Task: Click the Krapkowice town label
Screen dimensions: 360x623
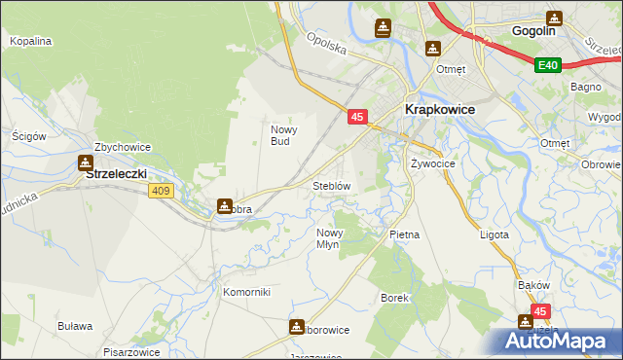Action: click(x=439, y=110)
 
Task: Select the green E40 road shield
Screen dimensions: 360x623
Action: click(x=548, y=65)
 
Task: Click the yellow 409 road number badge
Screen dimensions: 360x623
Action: click(x=162, y=191)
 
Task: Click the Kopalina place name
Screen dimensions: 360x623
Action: click(x=30, y=42)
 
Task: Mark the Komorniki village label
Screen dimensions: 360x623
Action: click(x=246, y=292)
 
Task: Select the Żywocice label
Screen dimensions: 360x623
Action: click(x=433, y=163)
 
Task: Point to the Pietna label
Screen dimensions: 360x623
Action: click(x=404, y=234)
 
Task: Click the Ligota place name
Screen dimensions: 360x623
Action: click(x=495, y=234)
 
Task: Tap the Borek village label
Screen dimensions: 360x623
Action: click(x=393, y=297)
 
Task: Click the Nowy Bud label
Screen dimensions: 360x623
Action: click(x=282, y=135)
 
